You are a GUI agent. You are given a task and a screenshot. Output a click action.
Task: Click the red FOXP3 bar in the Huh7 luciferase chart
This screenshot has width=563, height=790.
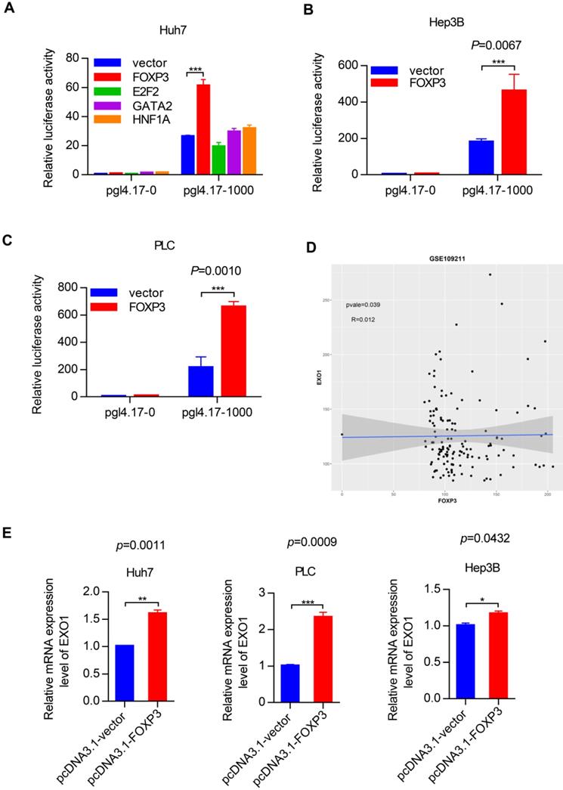[x=203, y=129]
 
